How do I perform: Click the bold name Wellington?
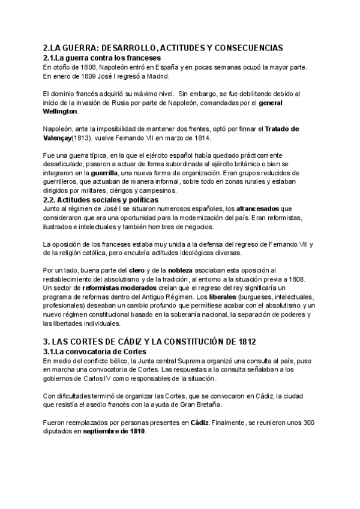coord(61,111)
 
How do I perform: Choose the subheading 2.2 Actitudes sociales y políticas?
coord(101,199)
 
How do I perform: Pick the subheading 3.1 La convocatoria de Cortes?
coord(95,351)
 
